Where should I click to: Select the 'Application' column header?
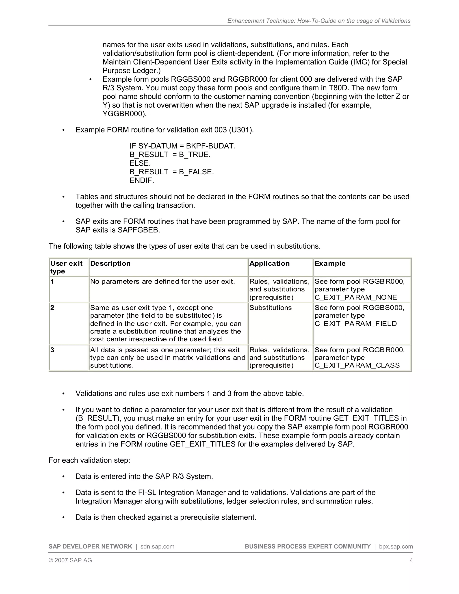point(269,263)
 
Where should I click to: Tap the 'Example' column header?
point(330,263)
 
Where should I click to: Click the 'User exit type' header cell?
point(66,267)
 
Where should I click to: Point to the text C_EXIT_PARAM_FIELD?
point(355,323)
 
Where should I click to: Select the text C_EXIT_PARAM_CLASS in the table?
point(357,365)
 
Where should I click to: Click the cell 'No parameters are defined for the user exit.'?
point(162,281)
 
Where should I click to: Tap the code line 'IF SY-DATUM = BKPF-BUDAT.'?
point(182,146)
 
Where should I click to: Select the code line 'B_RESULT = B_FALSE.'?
point(172,172)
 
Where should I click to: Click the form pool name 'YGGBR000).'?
point(125,114)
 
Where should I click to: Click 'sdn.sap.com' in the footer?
point(157,546)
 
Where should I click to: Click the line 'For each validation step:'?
point(89,460)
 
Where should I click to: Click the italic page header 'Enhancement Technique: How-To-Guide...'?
point(319,21)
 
